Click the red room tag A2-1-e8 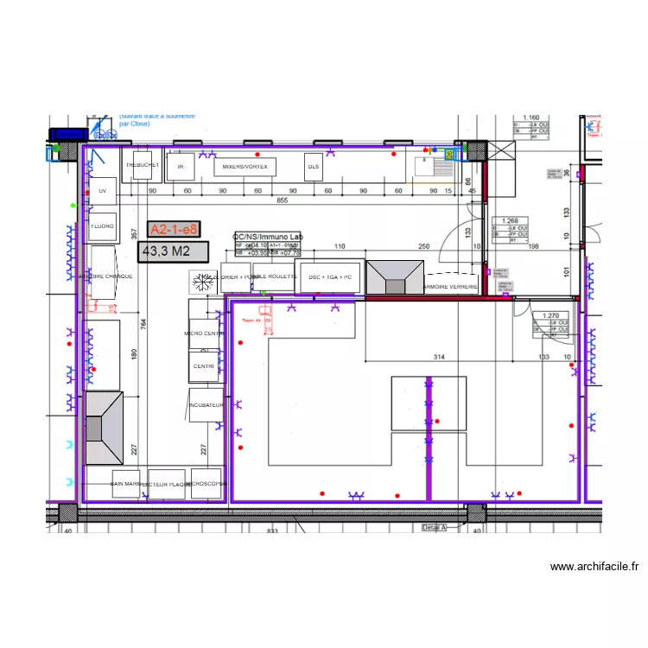point(174,229)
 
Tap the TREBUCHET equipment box point(142,164)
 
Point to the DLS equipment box point(313,166)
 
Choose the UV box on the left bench point(103,191)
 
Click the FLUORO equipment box point(103,226)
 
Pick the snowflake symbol point(204,282)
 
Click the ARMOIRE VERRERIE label point(450,286)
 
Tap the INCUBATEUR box point(206,405)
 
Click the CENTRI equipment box point(203,367)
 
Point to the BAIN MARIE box point(127,484)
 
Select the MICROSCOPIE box point(206,484)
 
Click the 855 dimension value point(282,200)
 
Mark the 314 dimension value point(438,357)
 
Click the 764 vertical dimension point(144,322)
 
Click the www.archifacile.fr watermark point(594,567)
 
